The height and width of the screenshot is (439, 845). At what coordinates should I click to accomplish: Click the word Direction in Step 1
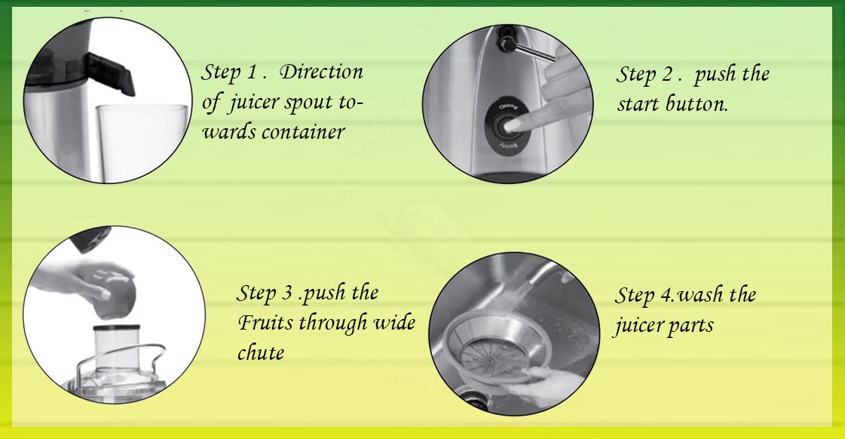(322, 72)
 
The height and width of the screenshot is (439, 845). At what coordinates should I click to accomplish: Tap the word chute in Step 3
(261, 352)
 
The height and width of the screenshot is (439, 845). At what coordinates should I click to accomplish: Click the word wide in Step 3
(393, 324)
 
